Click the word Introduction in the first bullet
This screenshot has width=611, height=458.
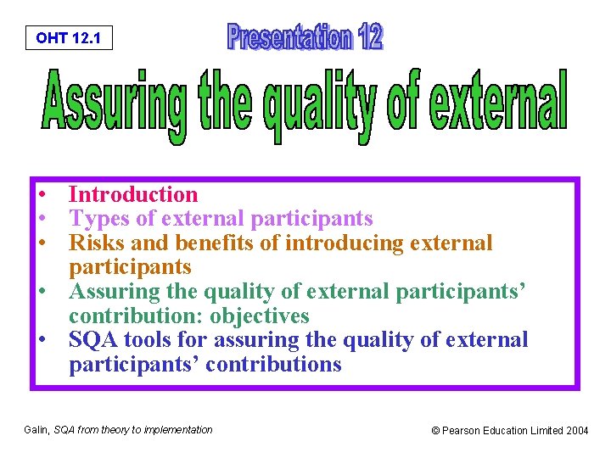(x=133, y=195)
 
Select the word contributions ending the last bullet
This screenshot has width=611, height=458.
(x=271, y=365)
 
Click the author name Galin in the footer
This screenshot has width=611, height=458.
(x=37, y=430)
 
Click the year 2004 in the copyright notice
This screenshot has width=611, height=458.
(x=576, y=431)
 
